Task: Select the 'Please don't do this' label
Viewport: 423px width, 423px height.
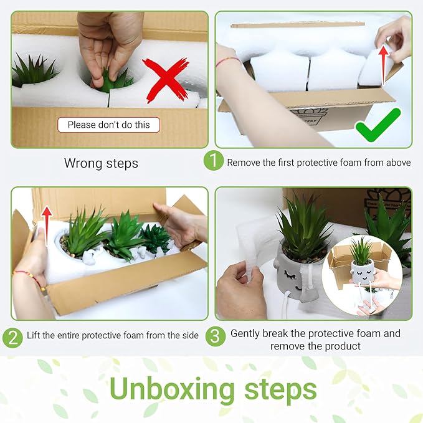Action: click(108, 125)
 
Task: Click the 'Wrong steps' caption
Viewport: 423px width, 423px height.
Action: click(101, 163)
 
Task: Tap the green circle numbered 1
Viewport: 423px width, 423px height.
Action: click(213, 161)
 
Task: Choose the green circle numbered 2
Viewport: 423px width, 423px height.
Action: click(12, 336)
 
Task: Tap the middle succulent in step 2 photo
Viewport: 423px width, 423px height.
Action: click(125, 234)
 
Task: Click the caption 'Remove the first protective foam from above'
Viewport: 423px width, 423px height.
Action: click(318, 163)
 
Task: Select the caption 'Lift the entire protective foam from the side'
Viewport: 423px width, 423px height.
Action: click(113, 336)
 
